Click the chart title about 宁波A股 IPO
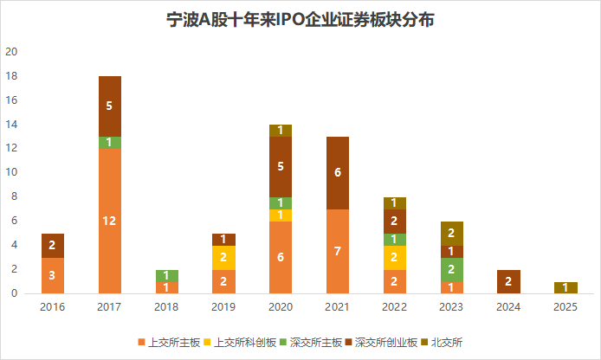pos(300,20)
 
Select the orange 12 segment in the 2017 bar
pos(110,221)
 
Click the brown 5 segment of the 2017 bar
pos(110,106)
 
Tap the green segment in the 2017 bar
pos(110,142)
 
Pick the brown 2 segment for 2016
pos(53,245)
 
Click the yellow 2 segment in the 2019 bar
pos(224,257)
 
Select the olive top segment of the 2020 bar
pos(281,130)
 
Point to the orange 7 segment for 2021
pos(338,251)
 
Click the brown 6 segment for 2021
pos(338,172)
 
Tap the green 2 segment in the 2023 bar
pos(452,269)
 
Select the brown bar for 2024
pos(508,281)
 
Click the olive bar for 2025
pos(565,287)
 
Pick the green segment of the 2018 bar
pos(167,275)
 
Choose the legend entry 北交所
pos(442,343)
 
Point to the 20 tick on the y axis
pos(12,52)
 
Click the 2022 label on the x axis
pos(395,306)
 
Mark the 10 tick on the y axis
pos(12,172)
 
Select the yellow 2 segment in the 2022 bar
pos(395,257)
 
